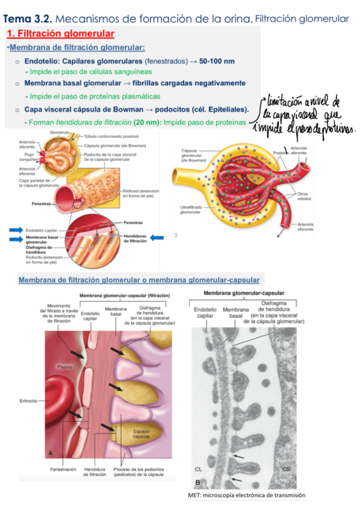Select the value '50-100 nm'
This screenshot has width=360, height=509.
tap(217, 61)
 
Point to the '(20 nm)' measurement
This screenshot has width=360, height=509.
tap(147, 122)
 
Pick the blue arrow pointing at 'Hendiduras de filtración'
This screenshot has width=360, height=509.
tap(157, 238)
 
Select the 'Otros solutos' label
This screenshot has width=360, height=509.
tap(304, 196)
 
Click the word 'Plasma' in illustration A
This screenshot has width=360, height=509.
tap(65, 366)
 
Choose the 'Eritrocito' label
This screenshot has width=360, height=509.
tap(28, 400)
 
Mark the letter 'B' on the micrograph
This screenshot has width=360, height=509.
tap(198, 482)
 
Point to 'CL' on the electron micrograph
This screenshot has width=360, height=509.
tap(200, 468)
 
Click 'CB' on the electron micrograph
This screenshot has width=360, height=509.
tap(287, 468)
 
